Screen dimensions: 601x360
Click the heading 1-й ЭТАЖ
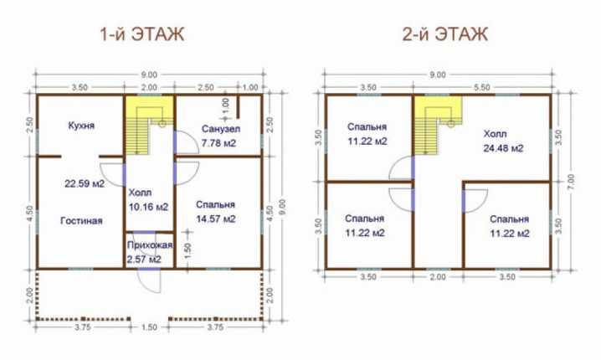(142, 34)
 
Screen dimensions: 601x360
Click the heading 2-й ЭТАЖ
(445, 34)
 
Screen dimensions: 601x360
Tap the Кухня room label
(81, 126)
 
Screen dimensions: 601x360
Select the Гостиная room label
(81, 221)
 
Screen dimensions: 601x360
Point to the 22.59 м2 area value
(85, 183)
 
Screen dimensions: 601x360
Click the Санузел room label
(221, 129)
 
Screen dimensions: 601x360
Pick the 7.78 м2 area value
(218, 143)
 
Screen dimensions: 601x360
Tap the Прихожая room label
(150, 245)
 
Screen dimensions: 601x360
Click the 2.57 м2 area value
(144, 260)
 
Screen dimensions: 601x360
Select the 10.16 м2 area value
(149, 207)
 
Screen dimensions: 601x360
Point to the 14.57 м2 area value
(216, 219)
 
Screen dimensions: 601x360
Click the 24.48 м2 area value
(503, 148)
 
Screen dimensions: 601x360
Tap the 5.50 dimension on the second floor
(482, 87)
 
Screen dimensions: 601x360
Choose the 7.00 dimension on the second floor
(571, 183)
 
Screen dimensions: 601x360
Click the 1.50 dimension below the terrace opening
(149, 327)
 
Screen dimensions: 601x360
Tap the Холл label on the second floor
(495, 134)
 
